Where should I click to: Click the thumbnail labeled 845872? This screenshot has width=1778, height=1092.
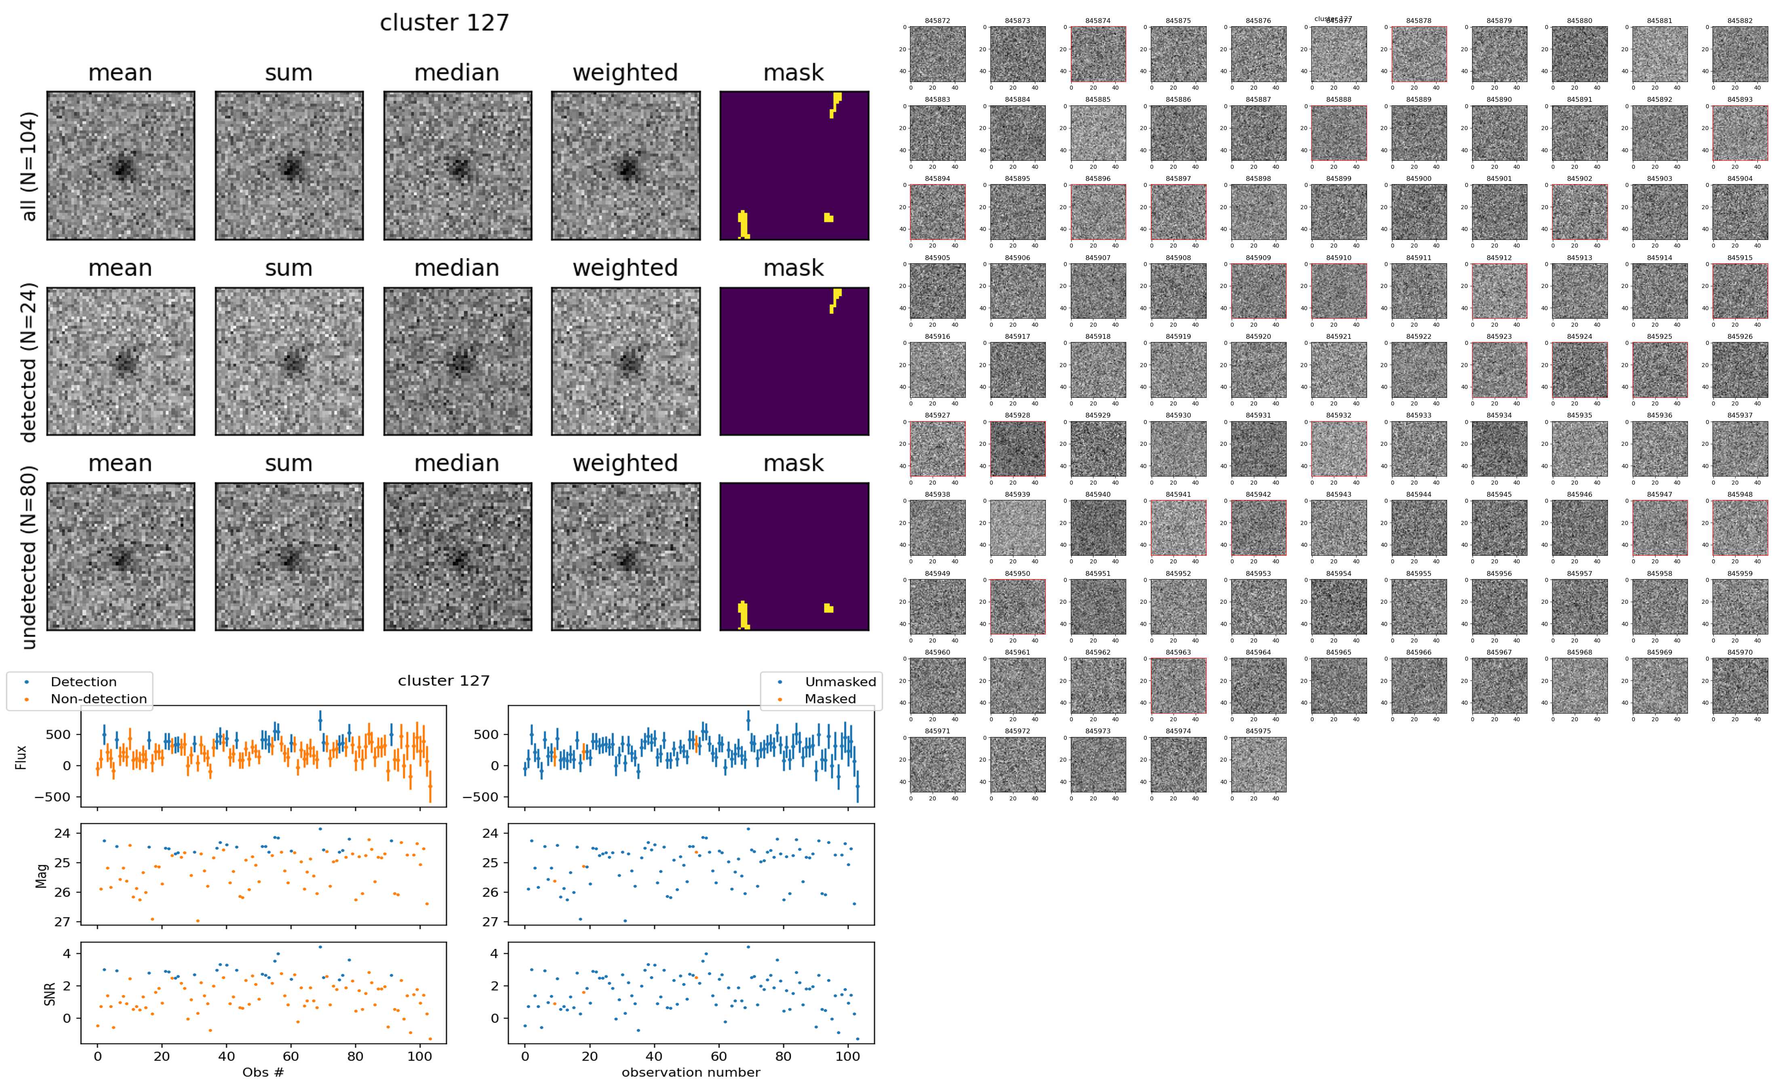tap(937, 54)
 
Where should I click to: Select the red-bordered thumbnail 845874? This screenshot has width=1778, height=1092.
tap(1098, 54)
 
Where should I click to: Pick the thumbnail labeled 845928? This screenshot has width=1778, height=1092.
tap(1017, 449)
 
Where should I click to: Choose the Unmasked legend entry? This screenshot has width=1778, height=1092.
tap(840, 682)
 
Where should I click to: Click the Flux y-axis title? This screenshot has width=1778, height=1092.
tap(22, 757)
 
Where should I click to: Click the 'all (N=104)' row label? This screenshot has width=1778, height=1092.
tap(29, 166)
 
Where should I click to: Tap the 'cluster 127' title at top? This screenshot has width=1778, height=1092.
tap(444, 23)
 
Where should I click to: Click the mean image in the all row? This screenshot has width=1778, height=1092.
tap(121, 166)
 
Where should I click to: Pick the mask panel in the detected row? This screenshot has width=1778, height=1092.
tap(794, 361)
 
